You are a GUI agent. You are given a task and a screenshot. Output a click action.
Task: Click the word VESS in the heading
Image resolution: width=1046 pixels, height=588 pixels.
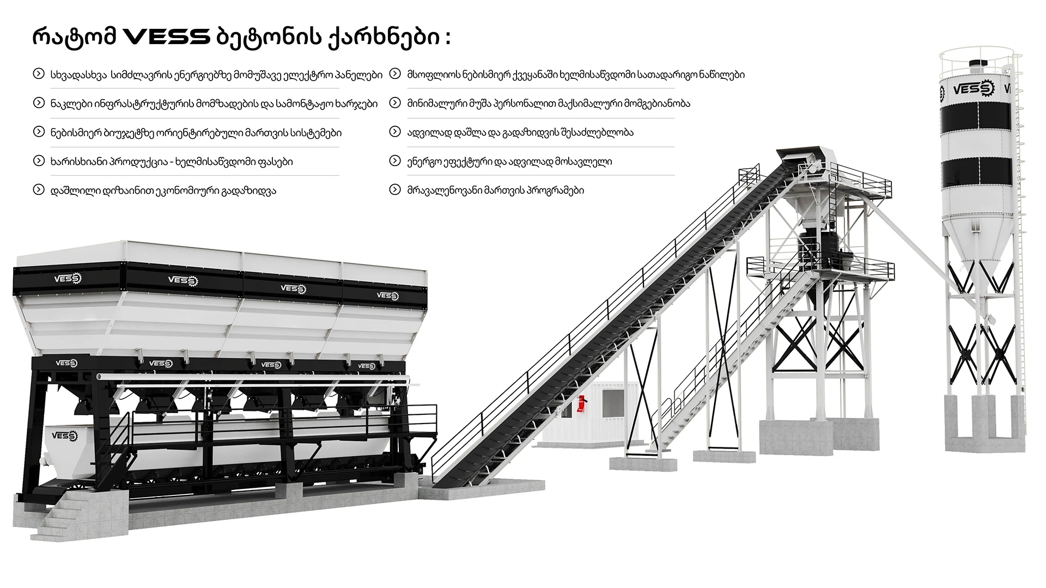tap(167, 38)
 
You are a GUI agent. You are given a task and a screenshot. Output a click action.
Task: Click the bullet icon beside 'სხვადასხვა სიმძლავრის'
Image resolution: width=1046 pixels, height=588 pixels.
tap(39, 74)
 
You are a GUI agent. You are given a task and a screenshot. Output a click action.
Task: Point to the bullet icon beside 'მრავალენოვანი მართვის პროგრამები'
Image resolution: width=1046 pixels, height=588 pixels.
tap(395, 190)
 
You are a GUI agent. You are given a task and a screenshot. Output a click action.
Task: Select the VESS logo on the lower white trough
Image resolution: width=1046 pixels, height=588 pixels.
tap(65, 435)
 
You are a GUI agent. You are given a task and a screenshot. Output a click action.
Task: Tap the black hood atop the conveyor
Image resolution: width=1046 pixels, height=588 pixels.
tap(799, 154)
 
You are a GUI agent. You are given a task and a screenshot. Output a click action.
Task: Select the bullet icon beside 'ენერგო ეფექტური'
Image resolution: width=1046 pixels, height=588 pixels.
tap(395, 161)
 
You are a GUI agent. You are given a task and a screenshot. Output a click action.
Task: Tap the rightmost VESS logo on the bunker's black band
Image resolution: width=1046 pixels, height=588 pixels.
tap(387, 296)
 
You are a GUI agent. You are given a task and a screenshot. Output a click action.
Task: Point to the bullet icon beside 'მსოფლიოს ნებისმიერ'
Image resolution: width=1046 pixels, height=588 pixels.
tap(395, 74)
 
